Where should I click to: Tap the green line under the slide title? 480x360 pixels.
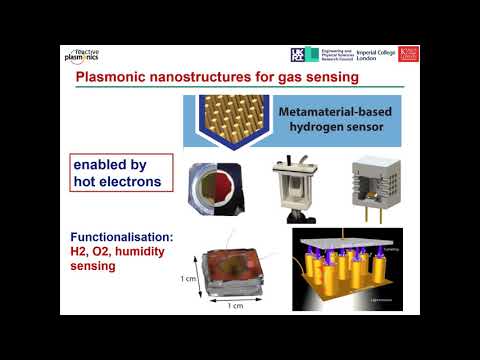tap(240, 89)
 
